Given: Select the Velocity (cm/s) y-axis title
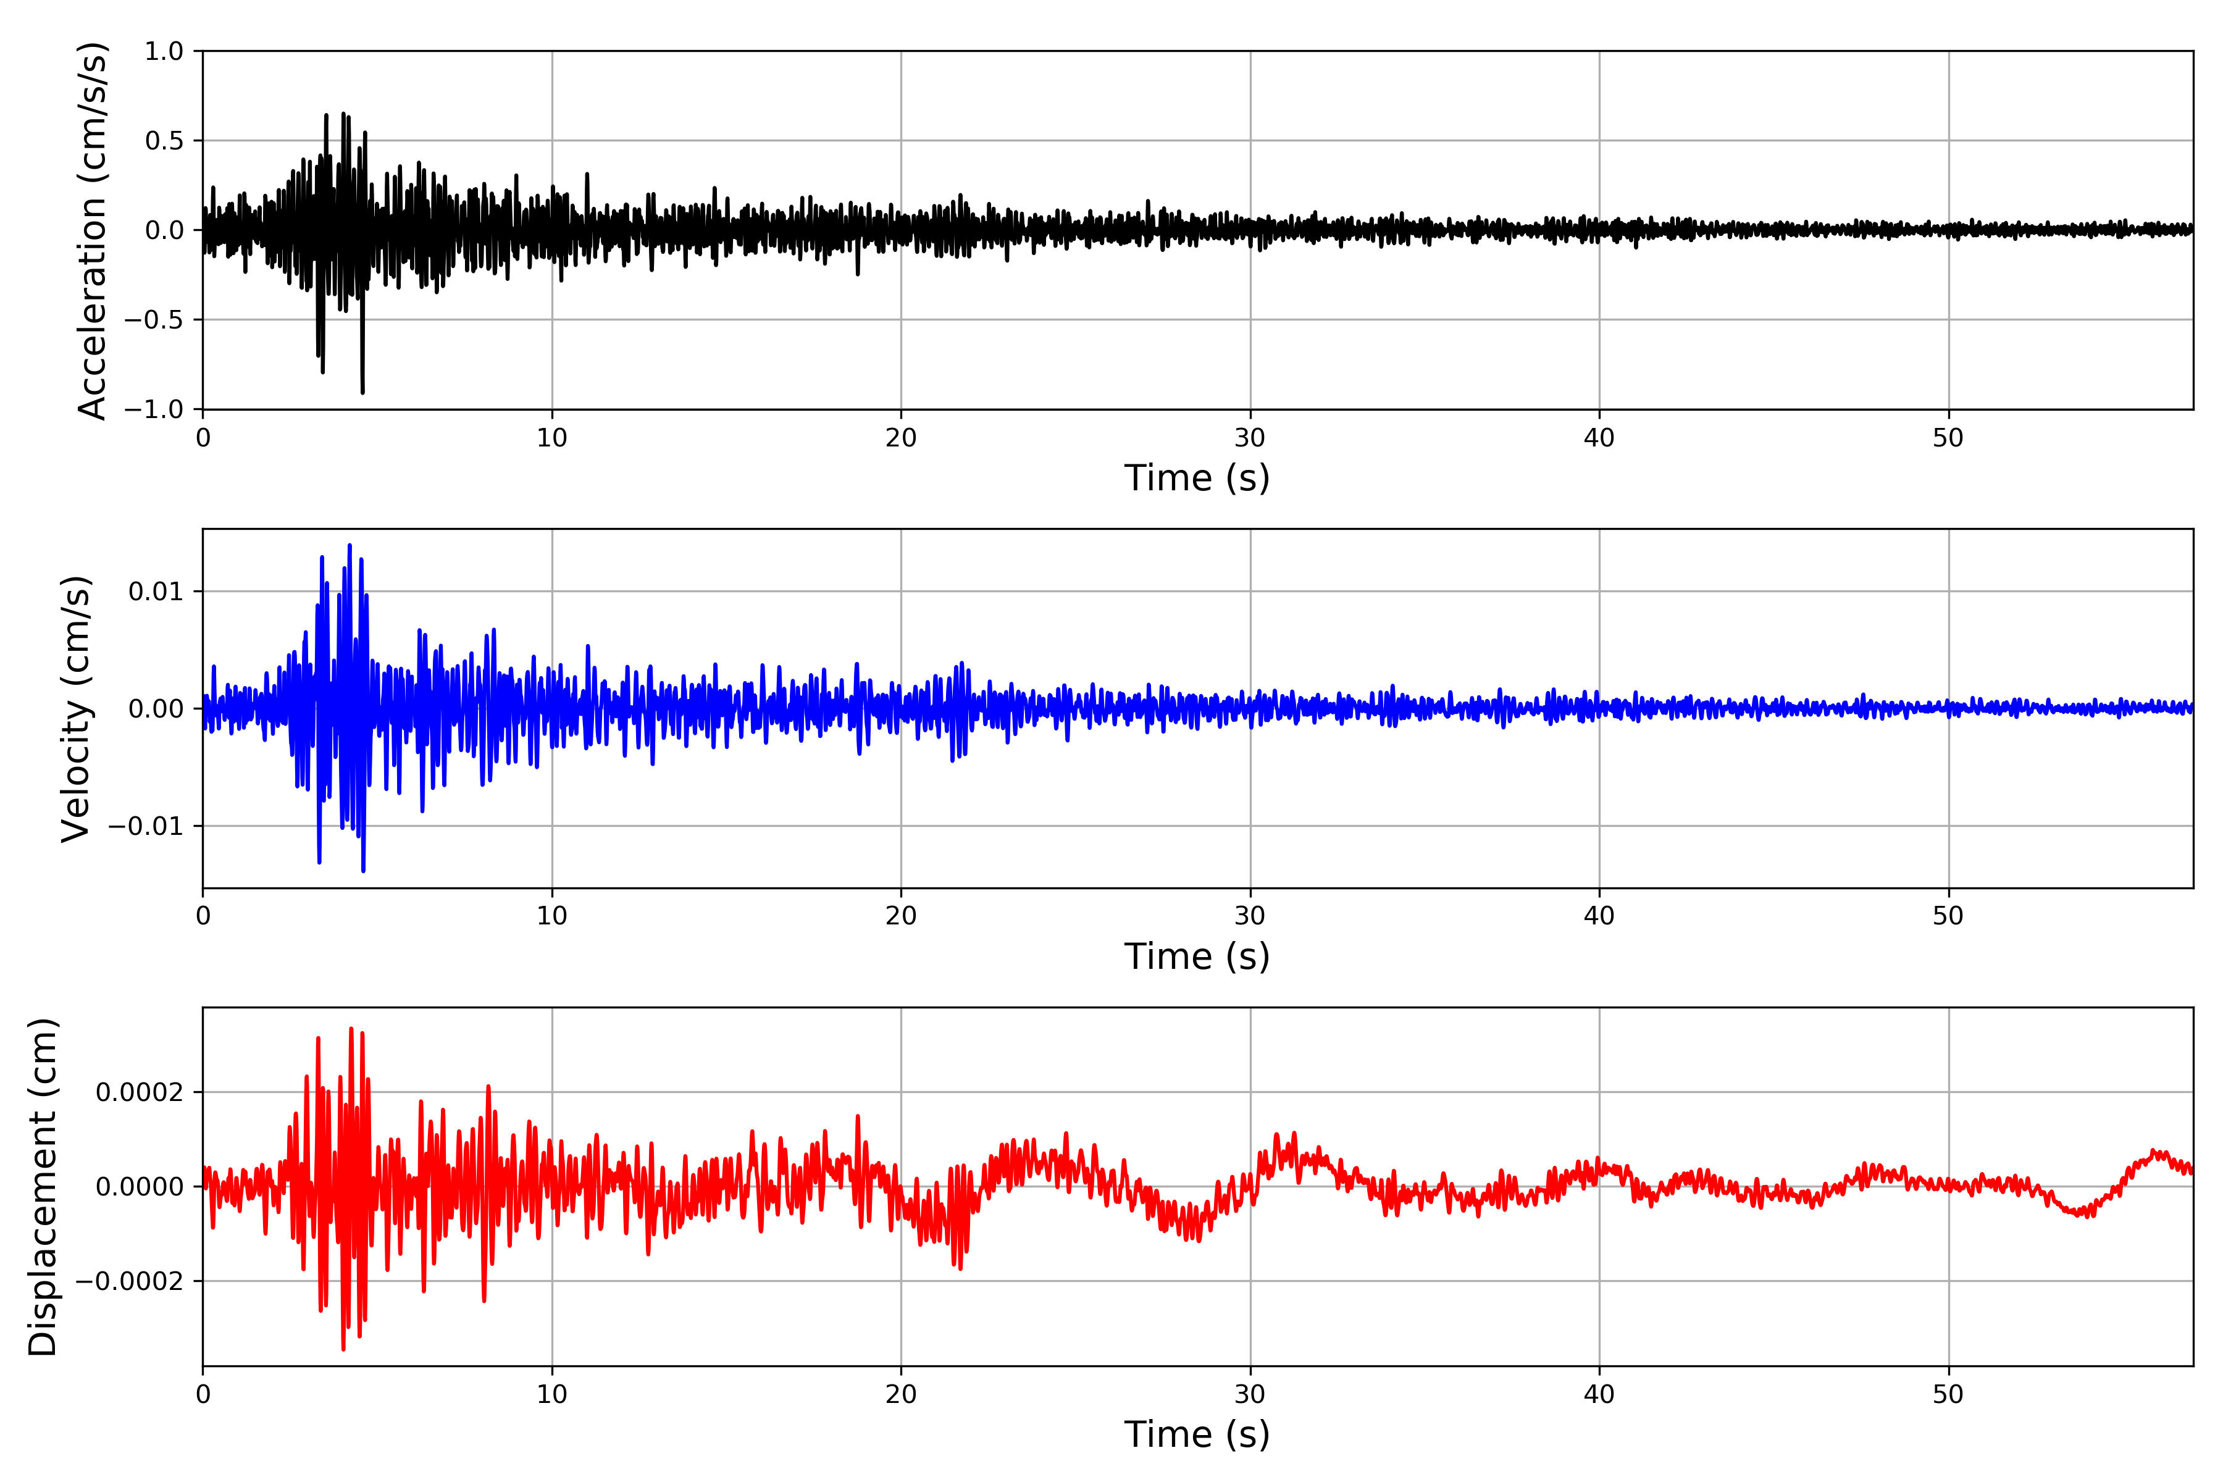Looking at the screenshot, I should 75,709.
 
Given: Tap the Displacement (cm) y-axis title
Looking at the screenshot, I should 43,1187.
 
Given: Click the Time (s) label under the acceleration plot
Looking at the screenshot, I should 1197,478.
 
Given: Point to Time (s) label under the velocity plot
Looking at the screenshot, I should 1197,957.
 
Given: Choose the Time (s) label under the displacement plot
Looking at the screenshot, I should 1197,1434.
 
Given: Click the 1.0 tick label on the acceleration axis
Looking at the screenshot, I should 164,52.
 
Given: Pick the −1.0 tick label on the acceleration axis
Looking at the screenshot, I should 153,409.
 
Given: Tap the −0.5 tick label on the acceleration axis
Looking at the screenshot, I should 153,319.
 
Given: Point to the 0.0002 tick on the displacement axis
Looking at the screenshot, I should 139,1092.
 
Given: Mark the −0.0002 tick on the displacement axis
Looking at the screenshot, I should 130,1282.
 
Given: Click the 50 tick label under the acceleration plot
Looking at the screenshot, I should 1948,438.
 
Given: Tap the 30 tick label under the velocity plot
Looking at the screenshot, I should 1249,916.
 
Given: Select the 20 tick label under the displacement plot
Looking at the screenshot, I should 901,1394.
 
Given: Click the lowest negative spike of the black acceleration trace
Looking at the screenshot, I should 362,391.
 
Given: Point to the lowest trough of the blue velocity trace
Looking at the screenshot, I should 363,869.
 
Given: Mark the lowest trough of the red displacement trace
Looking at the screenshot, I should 343,1349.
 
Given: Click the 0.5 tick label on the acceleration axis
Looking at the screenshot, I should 164,141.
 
